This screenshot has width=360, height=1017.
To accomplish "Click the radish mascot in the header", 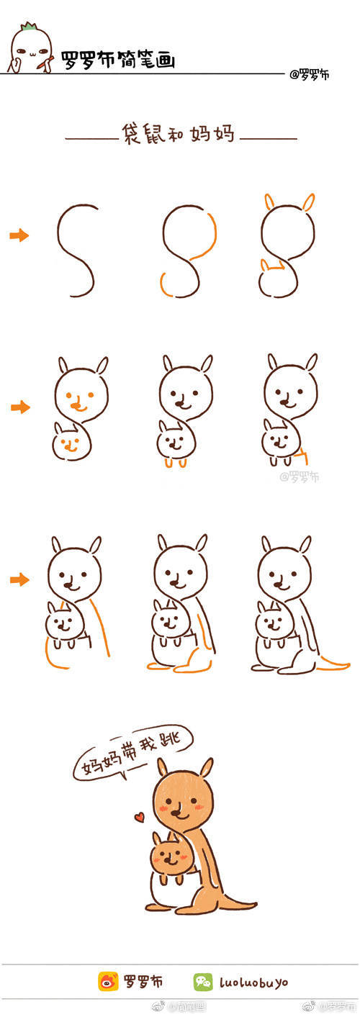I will click(30, 50).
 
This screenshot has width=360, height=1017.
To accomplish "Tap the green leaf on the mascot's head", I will click(30, 28).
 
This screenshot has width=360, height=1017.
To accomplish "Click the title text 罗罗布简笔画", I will click(118, 59).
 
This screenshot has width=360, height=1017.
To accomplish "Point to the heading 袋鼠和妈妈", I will click(179, 135).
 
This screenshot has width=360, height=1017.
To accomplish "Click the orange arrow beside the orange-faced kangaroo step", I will click(20, 407).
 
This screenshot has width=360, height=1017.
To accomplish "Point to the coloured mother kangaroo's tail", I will click(238, 903).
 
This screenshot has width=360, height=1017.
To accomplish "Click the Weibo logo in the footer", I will click(108, 981).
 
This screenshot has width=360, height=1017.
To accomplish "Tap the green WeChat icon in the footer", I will click(202, 981).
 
